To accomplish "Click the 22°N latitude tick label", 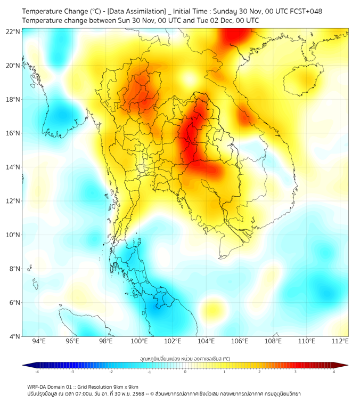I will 13,31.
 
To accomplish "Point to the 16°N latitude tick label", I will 13,133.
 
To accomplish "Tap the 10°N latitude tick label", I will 13,235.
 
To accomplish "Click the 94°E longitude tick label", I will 39,341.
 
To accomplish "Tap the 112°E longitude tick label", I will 340,341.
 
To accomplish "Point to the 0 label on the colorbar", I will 185,372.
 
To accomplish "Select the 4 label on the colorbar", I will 334,372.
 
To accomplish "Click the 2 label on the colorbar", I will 259,372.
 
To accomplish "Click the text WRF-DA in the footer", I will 38,387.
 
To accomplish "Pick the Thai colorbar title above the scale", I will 185,358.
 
